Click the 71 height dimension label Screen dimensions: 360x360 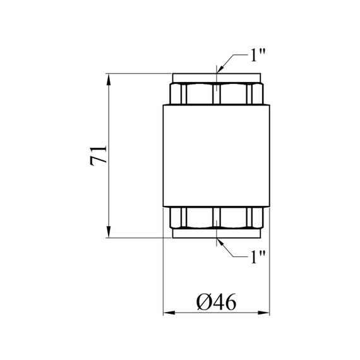pos(99,155)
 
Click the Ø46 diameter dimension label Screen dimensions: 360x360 pos(216,302)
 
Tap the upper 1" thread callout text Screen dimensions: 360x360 pos(258,55)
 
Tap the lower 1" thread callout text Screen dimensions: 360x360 pos(258,257)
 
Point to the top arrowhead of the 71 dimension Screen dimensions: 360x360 pos(109,80)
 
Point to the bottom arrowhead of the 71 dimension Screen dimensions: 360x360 pos(109,232)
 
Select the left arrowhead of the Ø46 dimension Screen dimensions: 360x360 pos(169,313)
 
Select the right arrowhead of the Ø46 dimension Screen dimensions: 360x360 pos(263,313)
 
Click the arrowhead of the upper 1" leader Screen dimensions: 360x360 pos(220,69)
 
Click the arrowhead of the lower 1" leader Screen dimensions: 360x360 pos(220,243)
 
